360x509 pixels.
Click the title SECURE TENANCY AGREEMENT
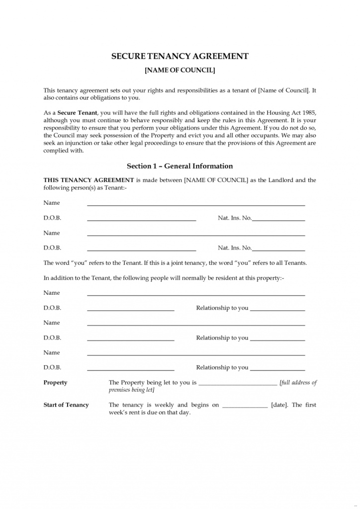point(180,56)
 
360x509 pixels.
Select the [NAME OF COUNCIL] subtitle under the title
point(180,71)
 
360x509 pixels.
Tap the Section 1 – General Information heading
point(180,166)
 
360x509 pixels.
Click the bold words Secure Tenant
point(78,113)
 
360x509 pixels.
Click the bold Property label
point(55,383)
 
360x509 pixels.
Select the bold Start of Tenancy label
point(66,405)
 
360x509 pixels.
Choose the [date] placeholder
point(279,405)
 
